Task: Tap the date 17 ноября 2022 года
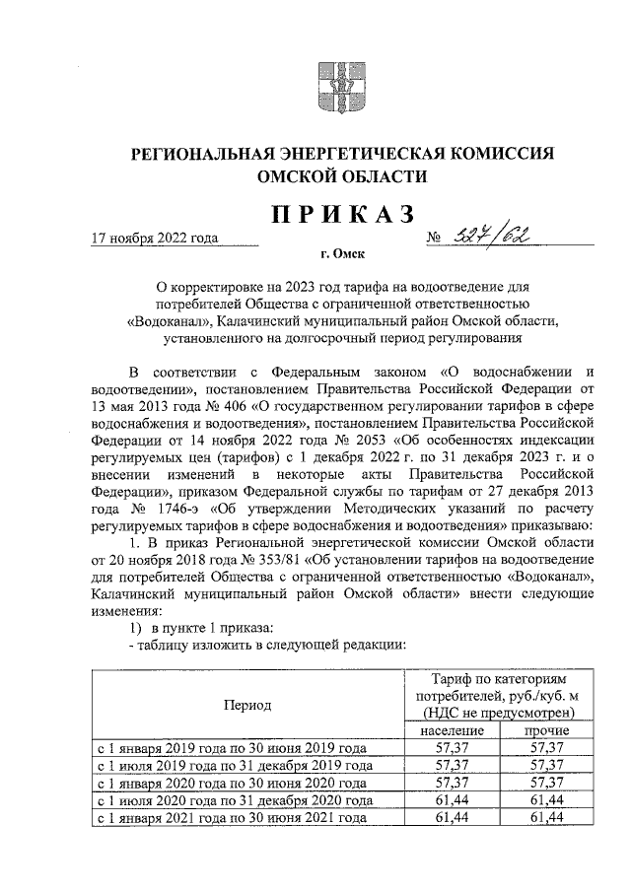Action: pos(153,238)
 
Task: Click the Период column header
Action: pos(247,705)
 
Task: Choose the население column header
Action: pos(450,731)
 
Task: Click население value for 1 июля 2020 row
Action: pos(450,799)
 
